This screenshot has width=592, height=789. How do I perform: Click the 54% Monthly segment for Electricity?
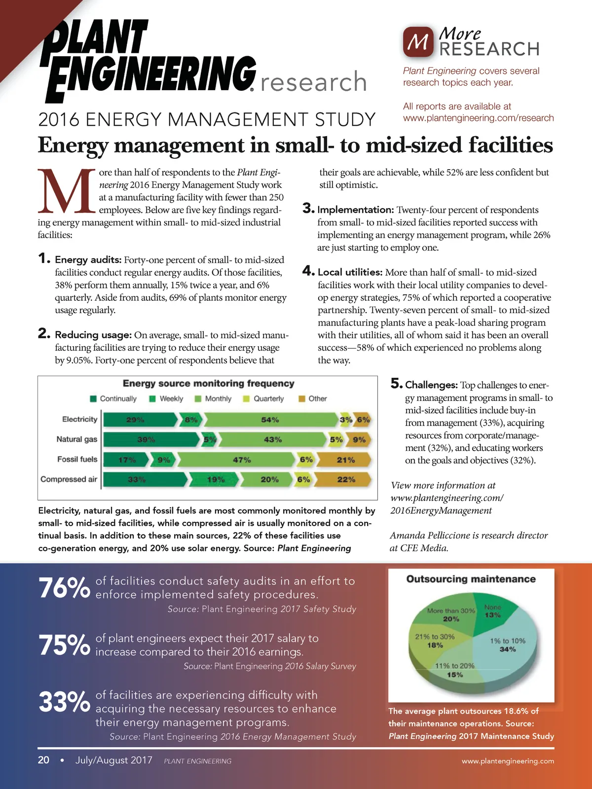pos(270,420)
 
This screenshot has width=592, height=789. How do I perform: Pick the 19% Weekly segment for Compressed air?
pos(215,479)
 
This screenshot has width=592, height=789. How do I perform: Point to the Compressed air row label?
pos(69,479)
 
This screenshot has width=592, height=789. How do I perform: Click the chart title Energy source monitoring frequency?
pos(208,384)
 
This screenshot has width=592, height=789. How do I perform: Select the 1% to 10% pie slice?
pos(508,645)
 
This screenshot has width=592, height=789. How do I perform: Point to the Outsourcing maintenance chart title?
pos(471,579)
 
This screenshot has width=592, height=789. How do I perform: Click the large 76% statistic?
pos(64,588)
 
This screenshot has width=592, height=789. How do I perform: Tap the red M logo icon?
pos(418,42)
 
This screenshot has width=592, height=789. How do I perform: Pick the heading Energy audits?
pos(88,260)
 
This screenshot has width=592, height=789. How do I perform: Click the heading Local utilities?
pos(350,272)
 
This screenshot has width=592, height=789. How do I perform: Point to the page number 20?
pos(43,760)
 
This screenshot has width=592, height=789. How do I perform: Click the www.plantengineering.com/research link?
pos(478,118)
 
